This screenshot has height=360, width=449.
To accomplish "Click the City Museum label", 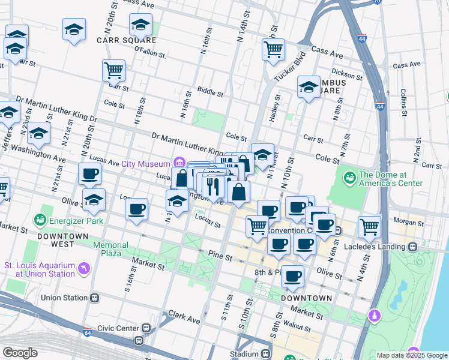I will (146, 163).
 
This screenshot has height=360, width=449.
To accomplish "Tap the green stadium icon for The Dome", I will (349, 178).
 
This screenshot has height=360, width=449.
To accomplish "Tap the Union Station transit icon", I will (94, 298).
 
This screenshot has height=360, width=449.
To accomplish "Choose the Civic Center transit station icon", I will (146, 328).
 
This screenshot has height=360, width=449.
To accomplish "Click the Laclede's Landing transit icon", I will (413, 247).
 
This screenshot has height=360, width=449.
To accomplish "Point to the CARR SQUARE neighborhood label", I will (127, 40).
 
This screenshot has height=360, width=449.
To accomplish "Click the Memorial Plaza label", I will (110, 249).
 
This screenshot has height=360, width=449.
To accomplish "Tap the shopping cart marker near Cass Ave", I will (273, 49).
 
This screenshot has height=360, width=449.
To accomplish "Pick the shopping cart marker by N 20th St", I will (113, 70).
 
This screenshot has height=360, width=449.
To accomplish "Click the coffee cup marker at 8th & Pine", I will (292, 275).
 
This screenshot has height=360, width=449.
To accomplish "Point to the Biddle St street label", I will (210, 94).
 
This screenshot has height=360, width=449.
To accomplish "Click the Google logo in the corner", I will (20, 353).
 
